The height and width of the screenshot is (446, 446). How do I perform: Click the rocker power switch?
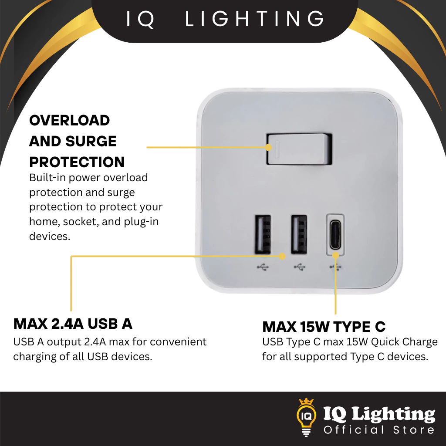pyautogui.click(x=299, y=149)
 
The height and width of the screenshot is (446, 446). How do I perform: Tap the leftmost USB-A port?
pyautogui.click(x=263, y=234)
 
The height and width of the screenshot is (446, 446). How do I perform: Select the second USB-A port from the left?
pyautogui.click(x=299, y=234)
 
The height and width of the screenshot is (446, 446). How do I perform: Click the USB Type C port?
pyautogui.click(x=335, y=235)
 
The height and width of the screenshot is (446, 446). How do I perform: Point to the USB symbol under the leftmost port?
pyautogui.click(x=263, y=267)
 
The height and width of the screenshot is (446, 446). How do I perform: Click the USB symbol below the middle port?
pyautogui.click(x=300, y=267)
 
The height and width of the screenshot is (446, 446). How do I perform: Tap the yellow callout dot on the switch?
pyautogui.click(x=268, y=147)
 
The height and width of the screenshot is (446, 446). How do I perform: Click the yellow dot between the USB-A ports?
pyautogui.click(x=282, y=256)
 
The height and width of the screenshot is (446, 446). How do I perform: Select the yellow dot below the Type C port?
pyautogui.click(x=336, y=255)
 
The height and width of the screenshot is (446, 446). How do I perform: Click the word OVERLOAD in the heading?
pyautogui.click(x=69, y=121)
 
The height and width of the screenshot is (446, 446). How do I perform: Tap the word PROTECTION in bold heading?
pyautogui.click(x=77, y=162)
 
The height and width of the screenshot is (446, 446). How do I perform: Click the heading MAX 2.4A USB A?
pyautogui.click(x=73, y=324)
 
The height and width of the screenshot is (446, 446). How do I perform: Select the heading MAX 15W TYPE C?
pyautogui.click(x=324, y=327)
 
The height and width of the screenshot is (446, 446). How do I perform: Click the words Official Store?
pyautogui.click(x=379, y=430)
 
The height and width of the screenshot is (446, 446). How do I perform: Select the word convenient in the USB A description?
pyautogui.click(x=178, y=341)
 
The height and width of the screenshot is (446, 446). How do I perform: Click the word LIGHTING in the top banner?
pyautogui.click(x=254, y=19)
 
